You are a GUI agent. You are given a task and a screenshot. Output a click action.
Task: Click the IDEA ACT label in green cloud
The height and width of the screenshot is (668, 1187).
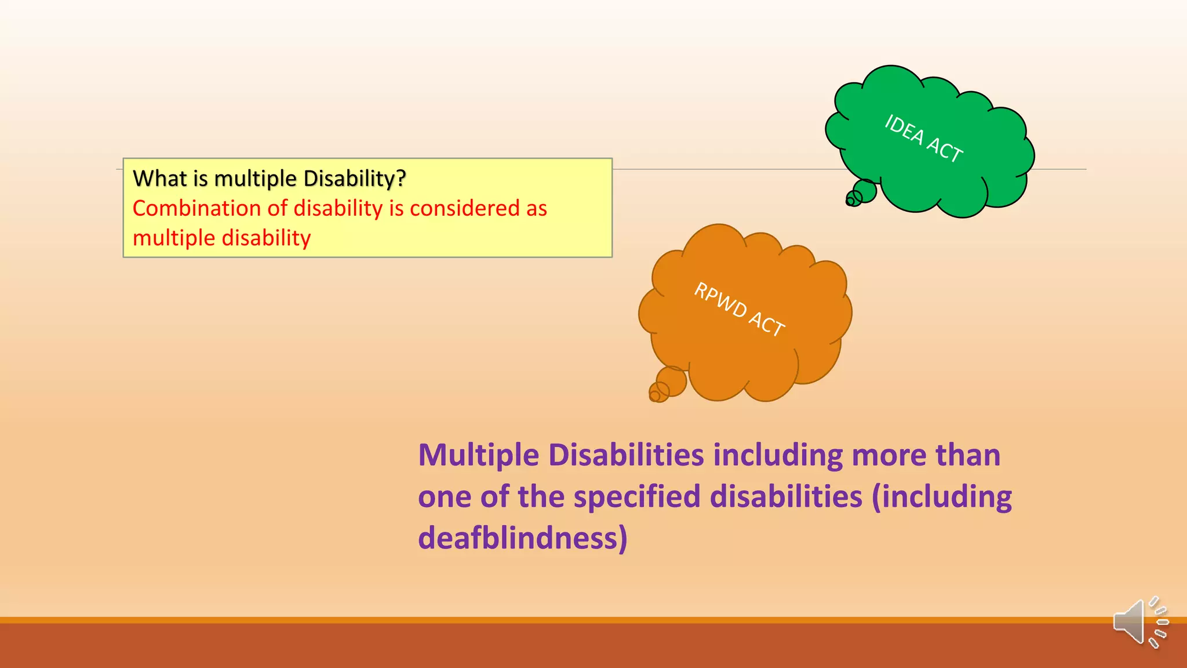(923, 139)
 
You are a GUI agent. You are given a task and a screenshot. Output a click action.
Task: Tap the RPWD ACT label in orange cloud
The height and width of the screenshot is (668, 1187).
(740, 309)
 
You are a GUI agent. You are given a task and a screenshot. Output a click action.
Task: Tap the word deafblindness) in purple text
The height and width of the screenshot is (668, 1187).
(522, 538)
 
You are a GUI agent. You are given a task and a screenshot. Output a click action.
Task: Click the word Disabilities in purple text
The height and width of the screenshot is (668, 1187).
(626, 455)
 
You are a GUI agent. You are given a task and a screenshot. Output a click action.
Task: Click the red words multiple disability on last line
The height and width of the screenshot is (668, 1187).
(221, 238)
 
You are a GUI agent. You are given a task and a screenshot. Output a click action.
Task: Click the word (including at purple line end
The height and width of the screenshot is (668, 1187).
(942, 496)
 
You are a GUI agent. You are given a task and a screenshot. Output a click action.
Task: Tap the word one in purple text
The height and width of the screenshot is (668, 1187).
(444, 496)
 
